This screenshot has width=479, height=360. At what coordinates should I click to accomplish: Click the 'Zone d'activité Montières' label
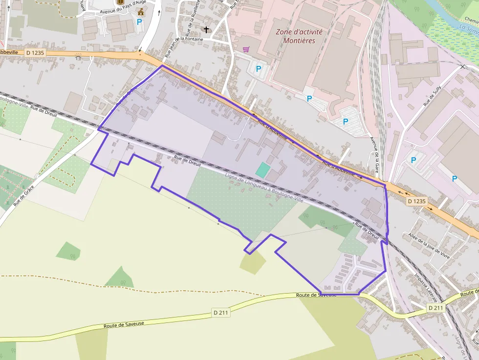(x=299, y=36)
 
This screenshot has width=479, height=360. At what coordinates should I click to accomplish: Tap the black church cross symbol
(x=206, y=30)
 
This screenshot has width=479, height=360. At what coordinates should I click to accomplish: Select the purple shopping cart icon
(x=246, y=49)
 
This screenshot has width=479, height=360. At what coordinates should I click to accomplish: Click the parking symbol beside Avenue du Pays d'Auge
(x=139, y=22)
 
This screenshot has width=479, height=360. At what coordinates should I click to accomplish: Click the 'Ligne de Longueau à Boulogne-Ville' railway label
(x=264, y=189)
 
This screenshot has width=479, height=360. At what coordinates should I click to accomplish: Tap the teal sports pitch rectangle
(x=262, y=170)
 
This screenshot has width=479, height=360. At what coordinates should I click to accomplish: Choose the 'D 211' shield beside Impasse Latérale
(x=435, y=308)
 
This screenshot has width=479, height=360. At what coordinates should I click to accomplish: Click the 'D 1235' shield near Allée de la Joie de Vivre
(x=416, y=201)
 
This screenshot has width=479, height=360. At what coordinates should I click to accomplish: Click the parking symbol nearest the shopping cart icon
(x=259, y=69)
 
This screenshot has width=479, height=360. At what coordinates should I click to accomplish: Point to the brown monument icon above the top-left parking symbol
(x=141, y=11)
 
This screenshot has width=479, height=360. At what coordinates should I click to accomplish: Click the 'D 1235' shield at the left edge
(x=35, y=52)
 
